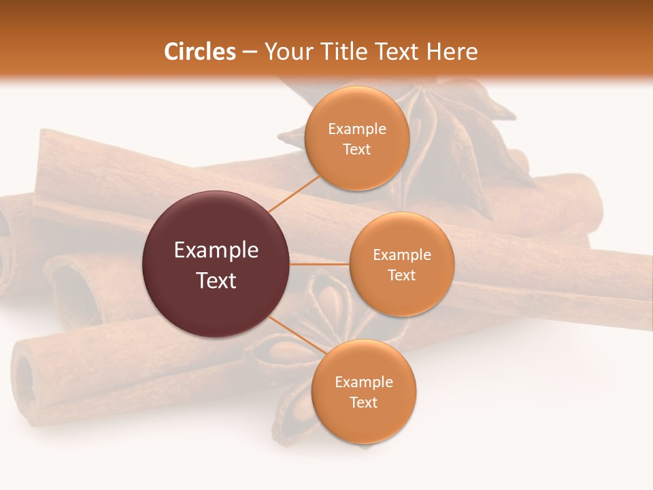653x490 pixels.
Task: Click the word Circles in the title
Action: [200, 52]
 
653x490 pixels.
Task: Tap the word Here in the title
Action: [452, 52]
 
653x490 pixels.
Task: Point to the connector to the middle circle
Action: [320, 264]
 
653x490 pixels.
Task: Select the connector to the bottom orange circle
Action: [294, 335]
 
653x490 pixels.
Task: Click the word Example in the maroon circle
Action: [216, 250]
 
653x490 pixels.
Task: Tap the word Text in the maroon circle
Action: [216, 280]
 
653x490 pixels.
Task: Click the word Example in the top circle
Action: [357, 129]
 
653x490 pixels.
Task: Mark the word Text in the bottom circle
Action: [363, 402]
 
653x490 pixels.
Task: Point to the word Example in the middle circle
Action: [402, 255]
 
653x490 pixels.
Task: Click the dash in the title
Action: [250, 52]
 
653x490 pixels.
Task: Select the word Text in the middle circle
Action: [401, 275]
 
